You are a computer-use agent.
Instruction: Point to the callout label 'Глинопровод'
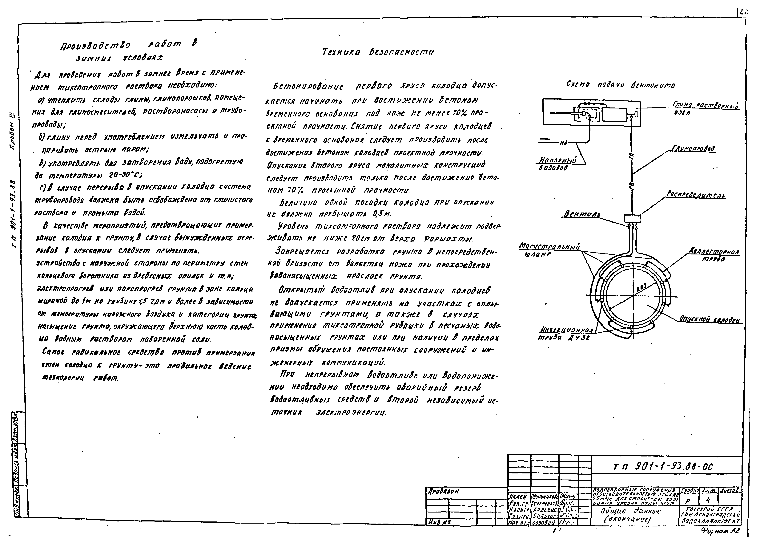tap(694, 148)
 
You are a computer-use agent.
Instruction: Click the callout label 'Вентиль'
tap(581, 214)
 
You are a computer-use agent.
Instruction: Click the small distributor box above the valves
tap(632, 219)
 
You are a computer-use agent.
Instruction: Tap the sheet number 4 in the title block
tap(708, 500)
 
